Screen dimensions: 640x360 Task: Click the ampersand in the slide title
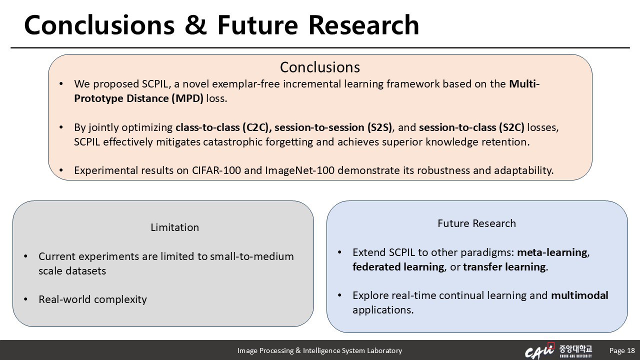coord(195,25)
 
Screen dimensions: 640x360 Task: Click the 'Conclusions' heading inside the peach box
coord(319,67)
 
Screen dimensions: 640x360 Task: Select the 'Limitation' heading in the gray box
coord(174,227)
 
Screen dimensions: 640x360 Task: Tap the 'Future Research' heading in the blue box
coord(476,223)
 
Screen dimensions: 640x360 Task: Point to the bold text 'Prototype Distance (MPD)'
coord(138,98)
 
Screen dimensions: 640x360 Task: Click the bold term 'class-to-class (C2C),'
coord(223,127)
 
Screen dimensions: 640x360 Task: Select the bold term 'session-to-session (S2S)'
coord(333,127)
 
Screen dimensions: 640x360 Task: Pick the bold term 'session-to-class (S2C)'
coord(471,127)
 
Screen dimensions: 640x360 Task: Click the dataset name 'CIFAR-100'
coord(216,170)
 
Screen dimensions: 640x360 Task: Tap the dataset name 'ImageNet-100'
coord(299,170)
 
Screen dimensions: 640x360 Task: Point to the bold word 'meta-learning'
coord(552,252)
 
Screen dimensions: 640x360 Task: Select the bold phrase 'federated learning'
coord(398,267)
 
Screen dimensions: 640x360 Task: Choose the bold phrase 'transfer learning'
coord(504,267)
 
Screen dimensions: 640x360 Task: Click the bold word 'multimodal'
coord(579,295)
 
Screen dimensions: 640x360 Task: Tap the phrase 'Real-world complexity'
coord(92,299)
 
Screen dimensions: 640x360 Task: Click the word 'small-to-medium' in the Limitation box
coord(251,256)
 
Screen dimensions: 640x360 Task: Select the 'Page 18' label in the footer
coord(622,350)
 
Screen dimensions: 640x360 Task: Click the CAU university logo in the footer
coord(558,350)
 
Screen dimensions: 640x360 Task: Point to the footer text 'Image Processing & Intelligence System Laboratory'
coord(319,350)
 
